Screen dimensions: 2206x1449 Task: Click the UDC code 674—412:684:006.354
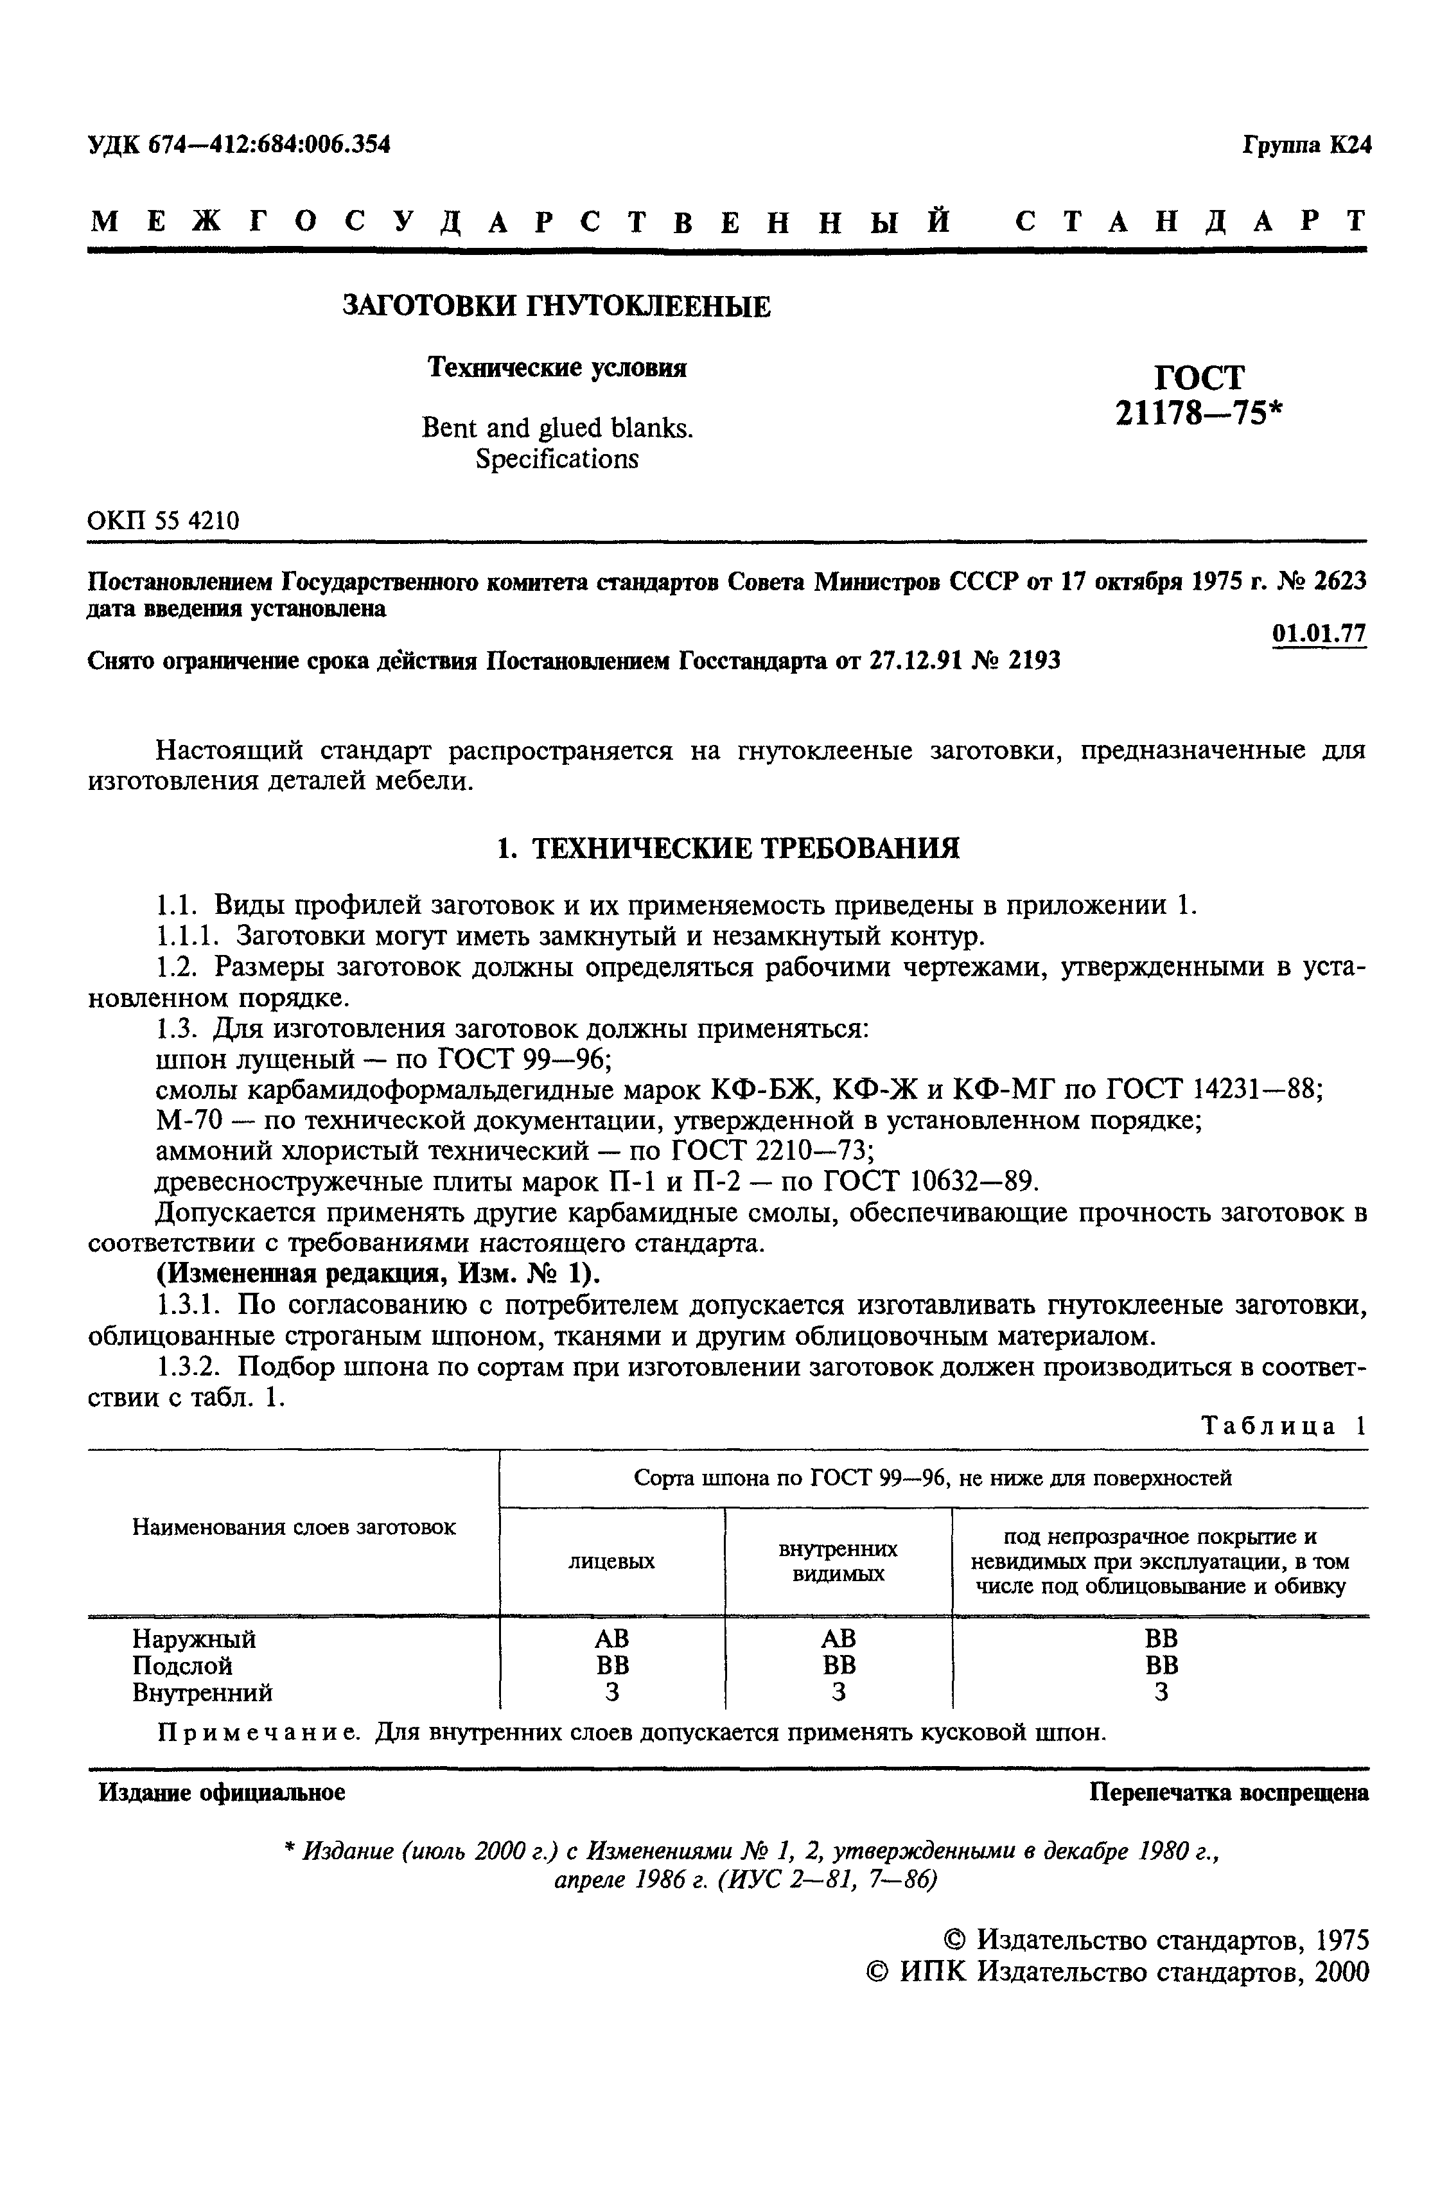coord(269,144)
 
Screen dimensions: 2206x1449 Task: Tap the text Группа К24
coord(1306,146)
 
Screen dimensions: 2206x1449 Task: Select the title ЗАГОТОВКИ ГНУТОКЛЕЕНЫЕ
coord(556,306)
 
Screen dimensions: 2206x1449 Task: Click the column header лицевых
coord(612,1561)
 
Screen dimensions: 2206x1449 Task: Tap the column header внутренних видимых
coord(838,1561)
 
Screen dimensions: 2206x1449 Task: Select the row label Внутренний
coord(202,1692)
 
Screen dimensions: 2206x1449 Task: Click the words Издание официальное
coord(222,1792)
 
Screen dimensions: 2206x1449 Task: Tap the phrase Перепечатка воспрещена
coord(1228,1792)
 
